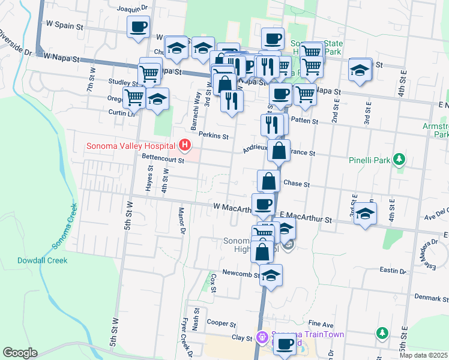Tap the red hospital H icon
[x=185, y=145]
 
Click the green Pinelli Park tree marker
[x=398, y=160]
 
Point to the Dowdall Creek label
[x=42, y=260]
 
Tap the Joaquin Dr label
[x=133, y=9]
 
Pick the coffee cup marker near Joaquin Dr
[x=138, y=26]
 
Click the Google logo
[x=20, y=352]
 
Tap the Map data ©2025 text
[x=423, y=355]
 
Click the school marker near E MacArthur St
[x=365, y=213]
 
